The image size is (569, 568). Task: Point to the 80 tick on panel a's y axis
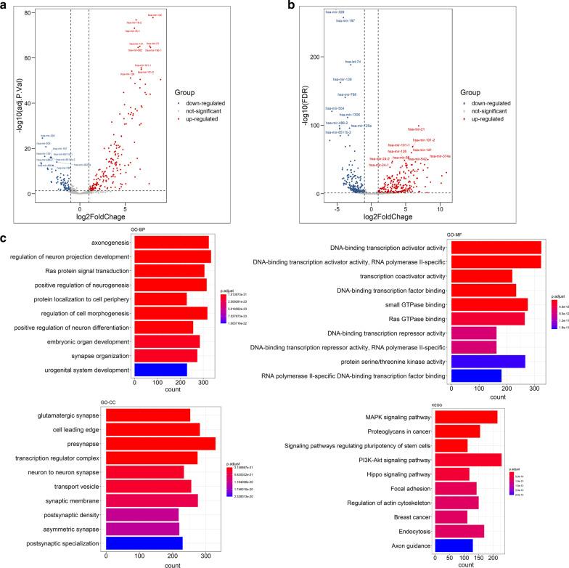click(x=24, y=14)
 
